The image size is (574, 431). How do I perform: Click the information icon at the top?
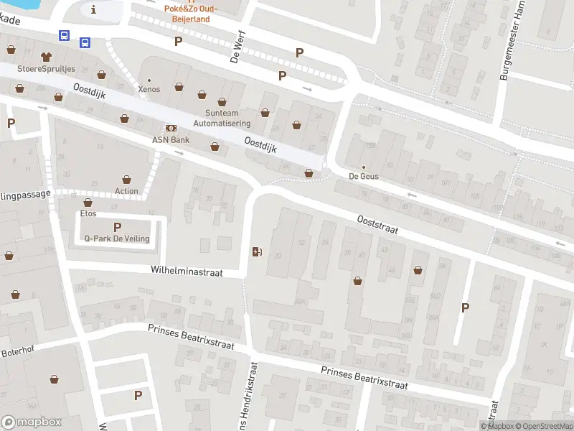coord(94,9)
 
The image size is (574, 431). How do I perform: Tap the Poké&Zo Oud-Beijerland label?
coord(190,14)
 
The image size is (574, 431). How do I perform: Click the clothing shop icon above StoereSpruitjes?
coord(47,55)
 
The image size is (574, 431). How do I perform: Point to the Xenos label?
coord(149,89)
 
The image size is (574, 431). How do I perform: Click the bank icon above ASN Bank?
coord(171,127)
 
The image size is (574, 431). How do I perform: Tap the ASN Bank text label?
coord(171,139)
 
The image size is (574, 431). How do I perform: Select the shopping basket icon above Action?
coord(127,179)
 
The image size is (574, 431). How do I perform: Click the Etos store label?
coord(88,213)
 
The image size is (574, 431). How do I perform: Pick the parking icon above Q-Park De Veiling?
coord(117,226)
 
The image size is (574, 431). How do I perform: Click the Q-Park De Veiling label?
coord(117,238)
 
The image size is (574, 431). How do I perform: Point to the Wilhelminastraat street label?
coord(187,272)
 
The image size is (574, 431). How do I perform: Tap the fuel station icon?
coord(257,251)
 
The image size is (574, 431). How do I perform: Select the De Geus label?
coord(363,176)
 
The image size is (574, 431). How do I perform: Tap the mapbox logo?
coord(32,422)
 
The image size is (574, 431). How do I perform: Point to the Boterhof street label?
coord(17,352)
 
